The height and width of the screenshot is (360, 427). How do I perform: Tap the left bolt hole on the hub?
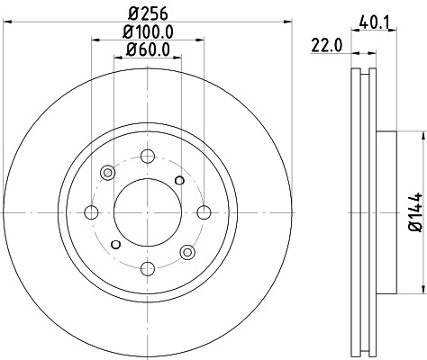[91, 212]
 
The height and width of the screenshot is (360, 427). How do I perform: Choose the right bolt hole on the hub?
[204, 212]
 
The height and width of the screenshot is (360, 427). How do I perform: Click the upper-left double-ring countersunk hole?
[108, 172]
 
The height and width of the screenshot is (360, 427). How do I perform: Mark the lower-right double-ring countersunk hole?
[187, 252]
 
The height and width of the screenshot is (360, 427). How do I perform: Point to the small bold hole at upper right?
[180, 181]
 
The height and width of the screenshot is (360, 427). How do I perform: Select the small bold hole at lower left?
[115, 244]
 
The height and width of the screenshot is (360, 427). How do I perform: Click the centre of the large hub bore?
[148, 212]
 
